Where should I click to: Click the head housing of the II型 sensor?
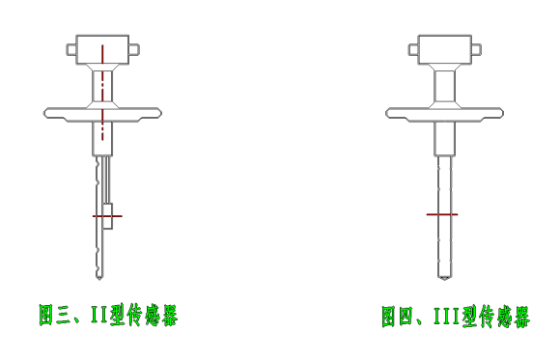click(101, 48)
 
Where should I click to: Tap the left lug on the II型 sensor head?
click(70, 47)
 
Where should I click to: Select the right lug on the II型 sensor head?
click(133, 48)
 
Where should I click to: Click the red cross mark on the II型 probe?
click(107, 216)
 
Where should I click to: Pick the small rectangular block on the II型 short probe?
click(107, 216)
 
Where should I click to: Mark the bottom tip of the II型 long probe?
click(98, 274)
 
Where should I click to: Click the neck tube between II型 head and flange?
click(102, 87)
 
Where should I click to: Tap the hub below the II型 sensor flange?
click(102, 138)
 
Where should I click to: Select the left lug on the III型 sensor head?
click(412, 48)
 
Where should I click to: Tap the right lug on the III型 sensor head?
click(476, 48)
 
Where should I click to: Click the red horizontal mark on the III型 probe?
click(442, 213)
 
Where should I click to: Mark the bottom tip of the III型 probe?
click(444, 276)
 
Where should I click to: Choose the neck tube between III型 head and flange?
click(444, 87)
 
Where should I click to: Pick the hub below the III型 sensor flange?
click(444, 138)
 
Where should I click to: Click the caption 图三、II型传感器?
click(108, 315)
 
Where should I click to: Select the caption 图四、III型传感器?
click(455, 317)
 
